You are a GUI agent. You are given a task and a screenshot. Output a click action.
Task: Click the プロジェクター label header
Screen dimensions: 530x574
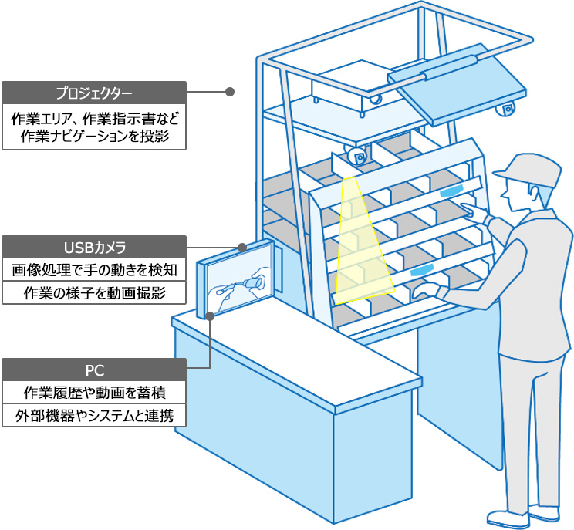click(94, 93)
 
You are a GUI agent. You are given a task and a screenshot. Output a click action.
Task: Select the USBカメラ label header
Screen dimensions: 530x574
click(94, 247)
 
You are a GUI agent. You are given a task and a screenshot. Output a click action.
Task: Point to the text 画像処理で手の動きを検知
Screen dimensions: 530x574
click(94, 270)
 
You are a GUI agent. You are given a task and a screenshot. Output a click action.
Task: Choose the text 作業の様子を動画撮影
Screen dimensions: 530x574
click(94, 292)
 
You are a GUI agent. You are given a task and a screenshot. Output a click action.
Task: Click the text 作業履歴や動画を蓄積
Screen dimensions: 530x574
click(94, 392)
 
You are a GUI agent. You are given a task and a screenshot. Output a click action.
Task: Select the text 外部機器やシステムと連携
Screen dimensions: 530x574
click(94, 415)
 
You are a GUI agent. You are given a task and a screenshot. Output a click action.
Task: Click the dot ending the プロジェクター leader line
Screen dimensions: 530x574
click(229, 92)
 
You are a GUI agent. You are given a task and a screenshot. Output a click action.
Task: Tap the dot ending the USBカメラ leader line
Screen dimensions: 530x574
click(242, 248)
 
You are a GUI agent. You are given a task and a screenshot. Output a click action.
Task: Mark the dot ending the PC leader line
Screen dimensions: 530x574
click(211, 315)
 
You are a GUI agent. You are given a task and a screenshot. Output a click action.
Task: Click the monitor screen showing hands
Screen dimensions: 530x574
click(240, 283)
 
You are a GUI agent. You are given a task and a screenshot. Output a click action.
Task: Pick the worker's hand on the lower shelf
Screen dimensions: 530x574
click(424, 290)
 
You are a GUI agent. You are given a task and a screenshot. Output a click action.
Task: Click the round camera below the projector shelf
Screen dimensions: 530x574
click(357, 157)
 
